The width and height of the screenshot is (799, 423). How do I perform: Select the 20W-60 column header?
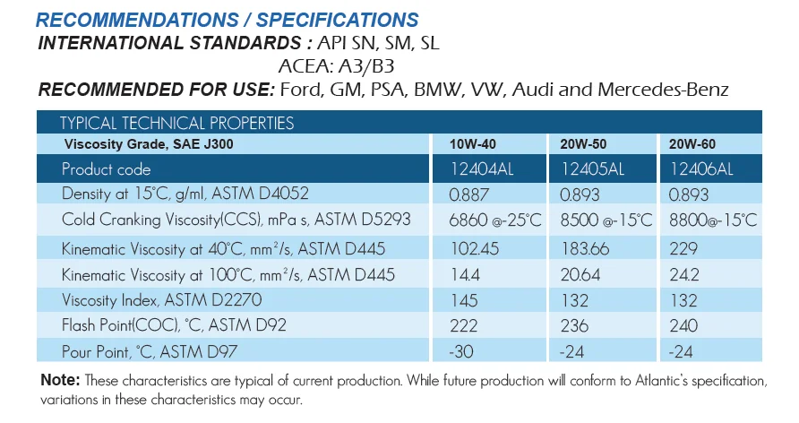tap(692, 144)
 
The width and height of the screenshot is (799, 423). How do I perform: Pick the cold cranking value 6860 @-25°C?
tap(499, 220)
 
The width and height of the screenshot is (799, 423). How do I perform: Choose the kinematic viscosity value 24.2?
tap(685, 273)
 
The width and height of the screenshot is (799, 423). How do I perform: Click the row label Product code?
tap(106, 169)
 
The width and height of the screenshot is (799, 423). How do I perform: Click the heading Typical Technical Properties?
tap(176, 124)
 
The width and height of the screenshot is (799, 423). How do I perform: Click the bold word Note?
tap(60, 380)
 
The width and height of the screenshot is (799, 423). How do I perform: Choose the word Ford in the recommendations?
tap(301, 90)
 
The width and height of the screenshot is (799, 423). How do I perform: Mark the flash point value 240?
tap(683, 324)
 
